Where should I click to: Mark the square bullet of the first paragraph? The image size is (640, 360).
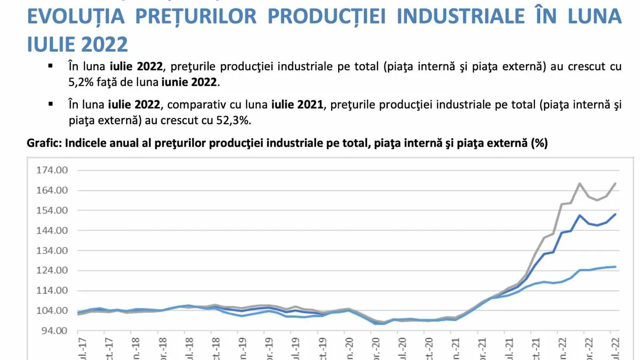[51, 67]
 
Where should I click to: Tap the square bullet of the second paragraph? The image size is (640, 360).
[51, 104]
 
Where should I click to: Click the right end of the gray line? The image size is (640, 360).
[616, 183]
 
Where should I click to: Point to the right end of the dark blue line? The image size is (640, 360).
[616, 214]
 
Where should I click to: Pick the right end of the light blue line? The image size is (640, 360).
[616, 267]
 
